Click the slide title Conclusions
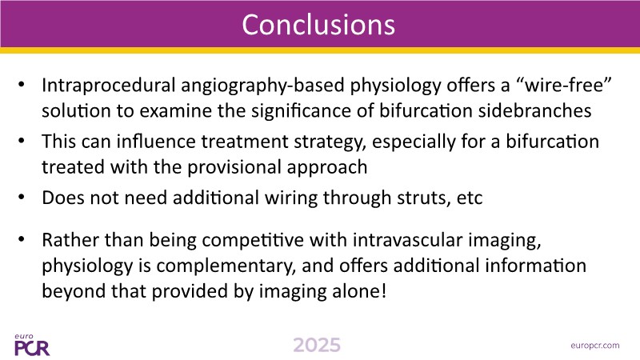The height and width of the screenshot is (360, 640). tap(318, 25)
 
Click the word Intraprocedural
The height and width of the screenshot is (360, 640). tap(109, 86)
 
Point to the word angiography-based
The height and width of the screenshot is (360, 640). tap(262, 86)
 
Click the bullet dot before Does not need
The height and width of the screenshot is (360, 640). tap(22, 197)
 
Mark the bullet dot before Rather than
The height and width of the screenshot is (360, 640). tap(22, 239)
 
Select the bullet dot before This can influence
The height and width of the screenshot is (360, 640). tap(22, 141)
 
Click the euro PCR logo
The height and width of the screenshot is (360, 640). tap(32, 345)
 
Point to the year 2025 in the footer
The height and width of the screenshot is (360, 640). tap(317, 346)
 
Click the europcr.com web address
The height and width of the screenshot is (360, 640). tap(595, 346)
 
